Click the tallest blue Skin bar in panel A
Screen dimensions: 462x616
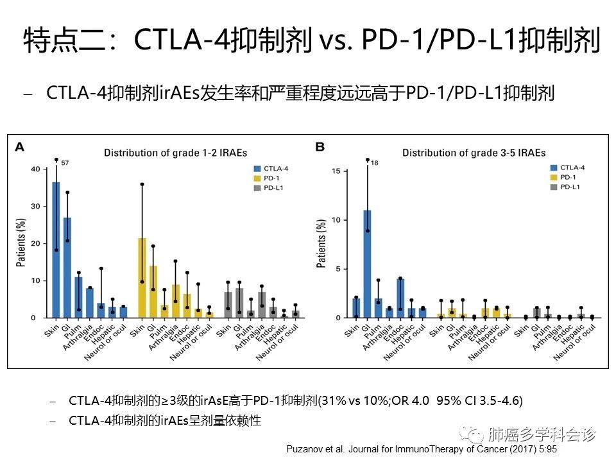tap(56, 250)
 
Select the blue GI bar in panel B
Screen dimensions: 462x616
tap(367, 264)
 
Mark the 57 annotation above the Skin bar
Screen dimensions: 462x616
tap(65, 163)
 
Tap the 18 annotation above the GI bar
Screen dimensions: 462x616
tap(375, 163)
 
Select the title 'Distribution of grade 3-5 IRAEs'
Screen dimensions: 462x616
tap(474, 153)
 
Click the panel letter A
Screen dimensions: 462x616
tap(20, 147)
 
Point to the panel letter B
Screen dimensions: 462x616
tap(320, 147)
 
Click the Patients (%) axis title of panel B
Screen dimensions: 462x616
tap(321, 244)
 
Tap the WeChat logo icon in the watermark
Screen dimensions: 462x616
tap(476, 434)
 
